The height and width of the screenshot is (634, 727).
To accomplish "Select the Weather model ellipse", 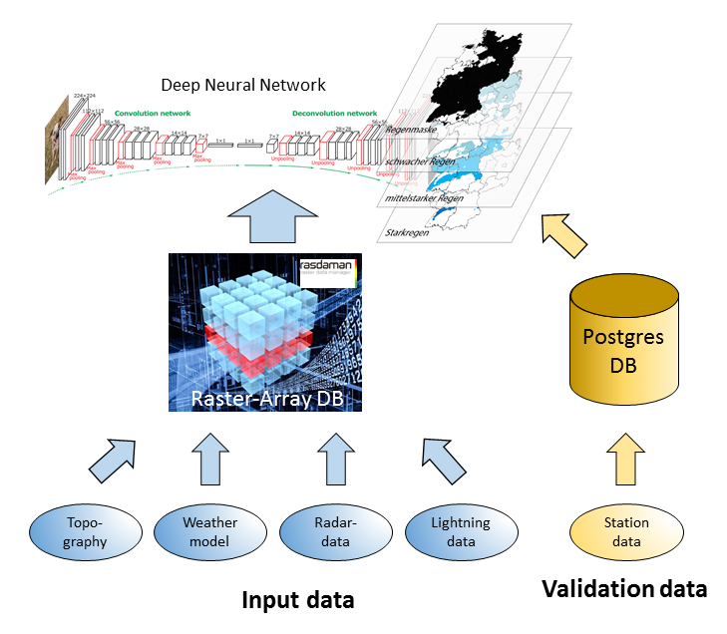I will (x=209, y=532).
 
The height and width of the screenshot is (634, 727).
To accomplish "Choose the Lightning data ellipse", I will (x=460, y=532).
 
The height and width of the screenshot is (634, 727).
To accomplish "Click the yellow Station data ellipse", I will (x=625, y=532).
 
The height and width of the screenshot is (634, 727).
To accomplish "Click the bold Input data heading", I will (x=298, y=600).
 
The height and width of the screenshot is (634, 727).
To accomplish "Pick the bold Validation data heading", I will (x=624, y=588).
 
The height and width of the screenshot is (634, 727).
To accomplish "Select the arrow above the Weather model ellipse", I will (x=209, y=458).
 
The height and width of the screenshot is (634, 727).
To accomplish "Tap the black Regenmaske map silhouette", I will (x=482, y=80).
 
